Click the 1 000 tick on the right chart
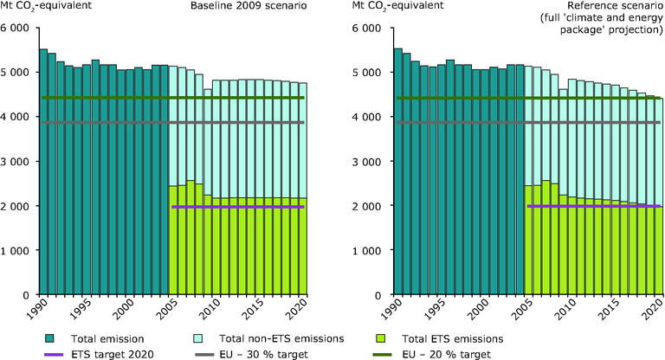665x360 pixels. coord(371,250)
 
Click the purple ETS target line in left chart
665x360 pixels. coord(238,207)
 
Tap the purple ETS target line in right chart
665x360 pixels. coord(594,206)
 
